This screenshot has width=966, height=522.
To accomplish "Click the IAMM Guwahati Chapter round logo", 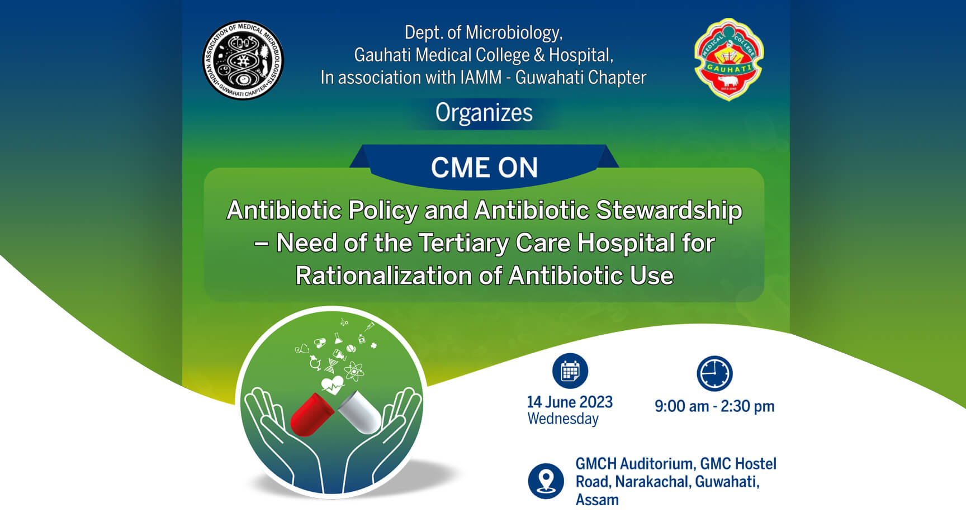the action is (x=243, y=60).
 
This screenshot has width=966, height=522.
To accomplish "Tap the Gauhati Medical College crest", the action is (x=728, y=59).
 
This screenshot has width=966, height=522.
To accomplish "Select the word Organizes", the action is (x=484, y=113).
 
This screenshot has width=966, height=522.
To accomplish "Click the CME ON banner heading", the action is (x=484, y=168).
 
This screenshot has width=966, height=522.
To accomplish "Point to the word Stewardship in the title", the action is (x=669, y=211).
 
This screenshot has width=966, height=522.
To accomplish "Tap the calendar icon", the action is (x=570, y=371).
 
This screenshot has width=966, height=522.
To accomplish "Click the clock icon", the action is (x=714, y=373).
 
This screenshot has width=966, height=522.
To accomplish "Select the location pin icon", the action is (x=546, y=481).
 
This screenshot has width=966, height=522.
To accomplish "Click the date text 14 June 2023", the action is (x=570, y=402).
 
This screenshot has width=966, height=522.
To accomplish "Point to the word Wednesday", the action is (x=563, y=419).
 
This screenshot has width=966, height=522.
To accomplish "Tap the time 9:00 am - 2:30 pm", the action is (x=714, y=406).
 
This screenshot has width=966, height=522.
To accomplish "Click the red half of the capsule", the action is (x=312, y=414).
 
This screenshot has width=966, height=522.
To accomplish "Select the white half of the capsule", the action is (x=360, y=412).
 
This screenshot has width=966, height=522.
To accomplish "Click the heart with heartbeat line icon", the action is (x=333, y=385).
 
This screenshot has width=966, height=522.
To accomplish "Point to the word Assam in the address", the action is (x=597, y=500).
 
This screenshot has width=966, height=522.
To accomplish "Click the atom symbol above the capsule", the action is (x=354, y=371).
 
